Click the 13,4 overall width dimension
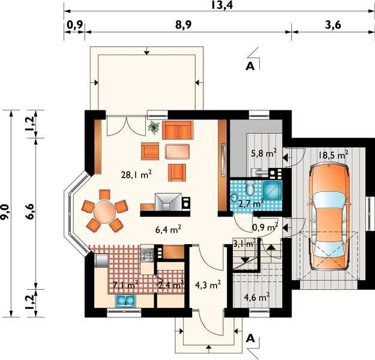pyautogui.click(x=221, y=5)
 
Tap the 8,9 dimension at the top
pyautogui.click(x=184, y=25)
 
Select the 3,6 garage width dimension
pyautogui.click(x=333, y=25)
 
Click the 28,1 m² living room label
pyautogui.click(x=136, y=175)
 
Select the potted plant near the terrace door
pyautogui.click(x=154, y=127)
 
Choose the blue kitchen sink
pyautogui.click(x=125, y=301)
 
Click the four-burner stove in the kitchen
pyautogui.click(x=147, y=256)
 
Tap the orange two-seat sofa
pyautogui.click(x=178, y=130)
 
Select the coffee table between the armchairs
pyautogui.click(x=177, y=151)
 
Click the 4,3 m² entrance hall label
pyautogui.click(x=208, y=285)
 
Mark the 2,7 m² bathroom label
pyautogui.click(x=251, y=204)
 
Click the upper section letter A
pyautogui.click(x=250, y=66)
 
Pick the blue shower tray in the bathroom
pyautogui.click(x=272, y=190)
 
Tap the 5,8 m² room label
pyautogui.click(x=264, y=153)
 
